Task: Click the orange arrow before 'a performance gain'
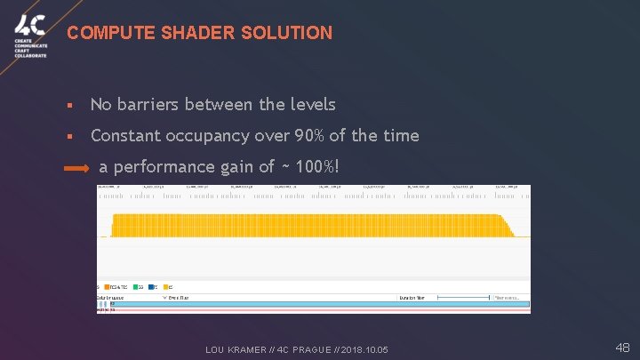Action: pos(77,167)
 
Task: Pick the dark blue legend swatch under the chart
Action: pos(153,287)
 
